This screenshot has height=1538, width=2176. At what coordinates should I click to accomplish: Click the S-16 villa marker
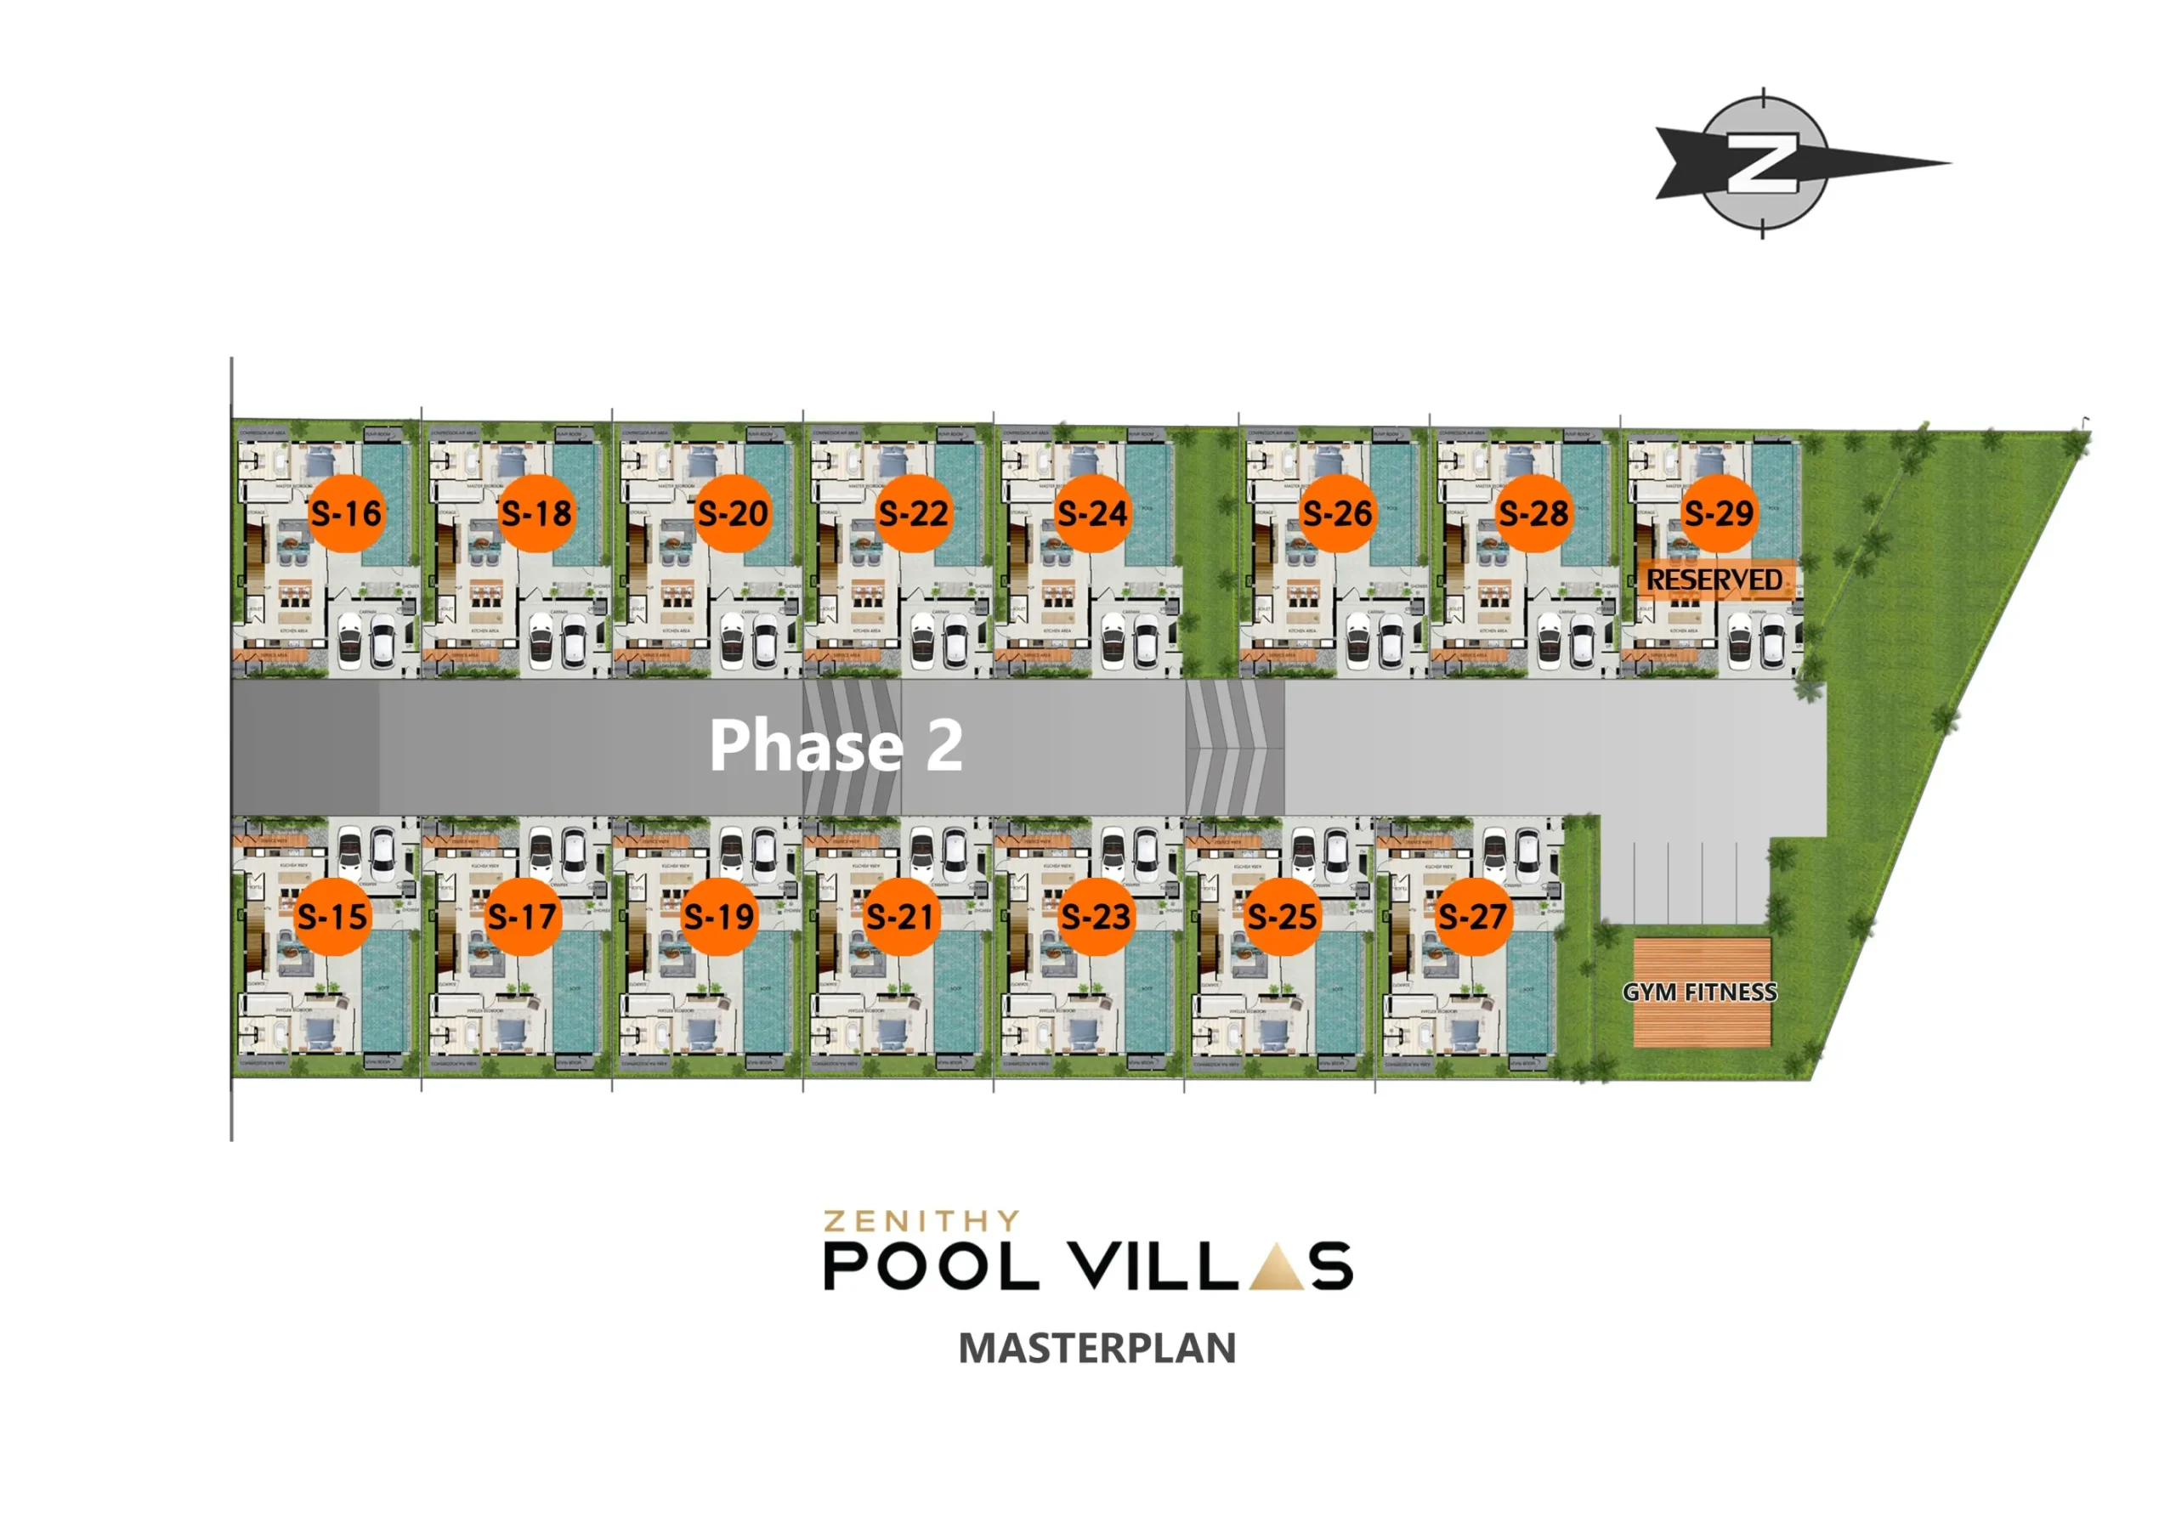point(347,512)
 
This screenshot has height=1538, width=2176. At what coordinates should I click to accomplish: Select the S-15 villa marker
point(331,915)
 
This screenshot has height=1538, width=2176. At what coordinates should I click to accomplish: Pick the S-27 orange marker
point(1472,915)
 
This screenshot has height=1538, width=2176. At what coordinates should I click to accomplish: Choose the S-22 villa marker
point(913,512)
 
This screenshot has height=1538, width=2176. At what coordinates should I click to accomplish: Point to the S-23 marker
point(1096,915)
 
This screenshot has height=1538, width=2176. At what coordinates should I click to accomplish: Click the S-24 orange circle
point(1093,512)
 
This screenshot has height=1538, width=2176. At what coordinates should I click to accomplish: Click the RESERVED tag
point(1714,579)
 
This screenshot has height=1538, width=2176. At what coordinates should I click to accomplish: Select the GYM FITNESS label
point(1700,992)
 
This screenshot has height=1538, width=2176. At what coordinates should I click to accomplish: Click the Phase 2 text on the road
point(836,745)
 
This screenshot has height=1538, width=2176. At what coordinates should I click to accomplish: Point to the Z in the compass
point(1762,164)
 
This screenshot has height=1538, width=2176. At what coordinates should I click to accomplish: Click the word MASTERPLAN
point(1096,1348)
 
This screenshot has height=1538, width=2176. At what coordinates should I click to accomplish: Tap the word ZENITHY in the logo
point(921,1219)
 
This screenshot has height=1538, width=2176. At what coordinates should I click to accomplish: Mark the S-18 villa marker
point(536,512)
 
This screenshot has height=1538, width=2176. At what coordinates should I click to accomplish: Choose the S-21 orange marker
point(900,915)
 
